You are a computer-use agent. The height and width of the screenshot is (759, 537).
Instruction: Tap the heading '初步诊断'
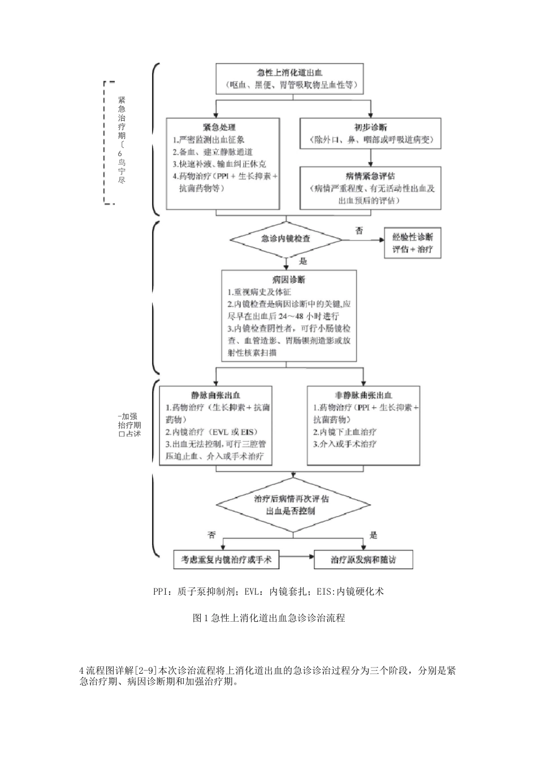pyautogui.click(x=371, y=127)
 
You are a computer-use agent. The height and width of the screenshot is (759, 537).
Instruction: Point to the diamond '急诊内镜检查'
pyautogui.click(x=286, y=239)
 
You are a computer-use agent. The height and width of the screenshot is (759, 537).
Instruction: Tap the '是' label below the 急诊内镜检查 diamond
pyautogui.click(x=303, y=261)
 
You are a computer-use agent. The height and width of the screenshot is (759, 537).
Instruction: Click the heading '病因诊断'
pyautogui.click(x=289, y=280)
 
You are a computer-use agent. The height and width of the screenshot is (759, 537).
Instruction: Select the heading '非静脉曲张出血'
pyautogui.click(x=364, y=395)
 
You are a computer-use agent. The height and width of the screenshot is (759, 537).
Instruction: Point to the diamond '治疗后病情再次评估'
pyautogui.click(x=291, y=504)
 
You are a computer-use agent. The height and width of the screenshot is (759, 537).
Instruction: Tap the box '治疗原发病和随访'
pyautogui.click(x=363, y=560)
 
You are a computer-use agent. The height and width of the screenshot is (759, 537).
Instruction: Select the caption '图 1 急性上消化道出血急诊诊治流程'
pyautogui.click(x=269, y=618)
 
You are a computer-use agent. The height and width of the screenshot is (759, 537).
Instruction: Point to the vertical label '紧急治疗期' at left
pyautogui.click(x=122, y=117)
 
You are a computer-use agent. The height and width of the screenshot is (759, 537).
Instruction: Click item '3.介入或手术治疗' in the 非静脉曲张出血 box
pyautogui.click(x=345, y=444)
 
